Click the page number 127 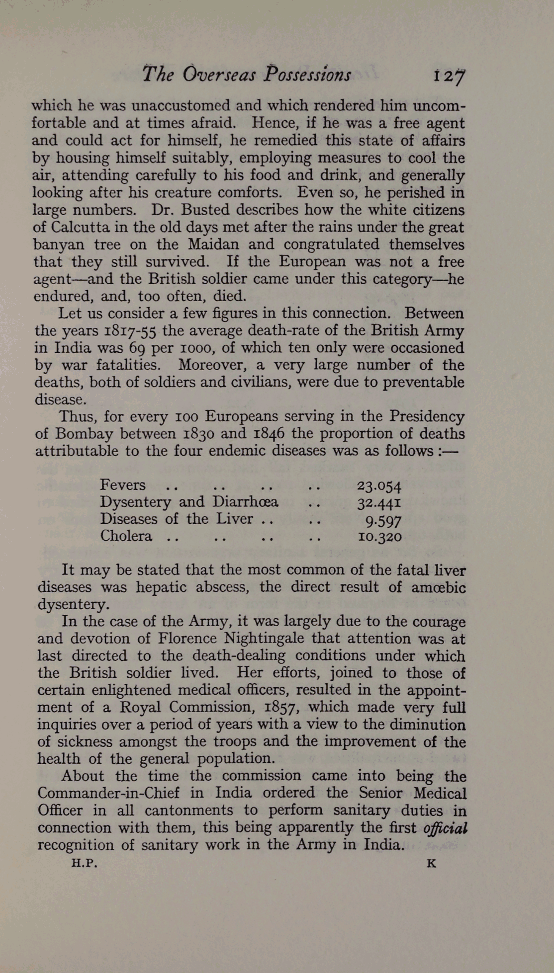pyautogui.click(x=449, y=76)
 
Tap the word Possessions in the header pyautogui.click(x=307, y=75)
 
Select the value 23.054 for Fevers pyautogui.click(x=379, y=486)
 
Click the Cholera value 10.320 pyautogui.click(x=379, y=537)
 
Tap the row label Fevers pyautogui.click(x=122, y=485)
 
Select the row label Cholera pyautogui.click(x=126, y=536)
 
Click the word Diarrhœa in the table pyautogui.click(x=245, y=502)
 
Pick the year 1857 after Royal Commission pyautogui.click(x=282, y=707)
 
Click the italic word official pyautogui.click(x=445, y=828)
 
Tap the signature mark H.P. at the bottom pyautogui.click(x=85, y=864)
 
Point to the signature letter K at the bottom pyautogui.click(x=431, y=864)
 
